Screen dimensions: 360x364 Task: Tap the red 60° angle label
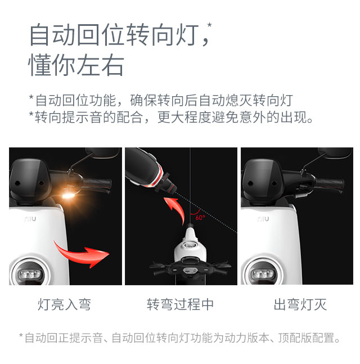click(200, 217)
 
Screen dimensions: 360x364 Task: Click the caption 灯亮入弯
click(64, 304)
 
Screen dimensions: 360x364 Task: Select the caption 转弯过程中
click(180, 304)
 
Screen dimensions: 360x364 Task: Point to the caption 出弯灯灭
click(300, 304)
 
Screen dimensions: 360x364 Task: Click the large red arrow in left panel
click(81, 254)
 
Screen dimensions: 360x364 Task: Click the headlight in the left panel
click(29, 274)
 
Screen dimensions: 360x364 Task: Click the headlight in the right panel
click(262, 274)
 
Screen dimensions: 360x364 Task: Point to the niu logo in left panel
click(30, 219)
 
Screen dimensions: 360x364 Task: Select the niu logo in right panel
click(263, 219)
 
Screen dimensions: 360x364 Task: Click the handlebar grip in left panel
click(97, 183)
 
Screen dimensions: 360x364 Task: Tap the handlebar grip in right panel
click(330, 183)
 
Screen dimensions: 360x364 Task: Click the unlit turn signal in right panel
click(301, 195)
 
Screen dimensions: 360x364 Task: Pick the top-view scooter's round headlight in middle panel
click(190, 245)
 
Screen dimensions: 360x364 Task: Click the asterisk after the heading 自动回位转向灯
click(209, 25)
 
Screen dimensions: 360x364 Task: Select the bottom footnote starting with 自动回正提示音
click(179, 338)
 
